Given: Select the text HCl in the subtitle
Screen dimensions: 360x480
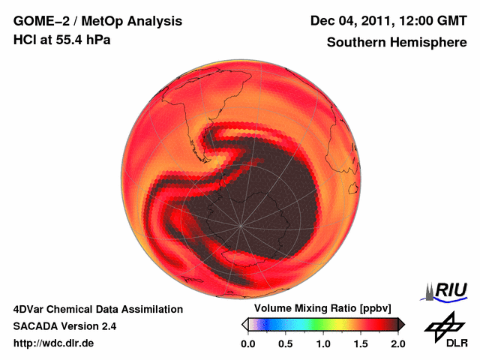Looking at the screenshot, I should (x=25, y=40).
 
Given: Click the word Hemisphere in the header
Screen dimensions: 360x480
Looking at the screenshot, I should (x=428, y=43).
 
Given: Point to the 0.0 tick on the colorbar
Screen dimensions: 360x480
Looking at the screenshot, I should (x=248, y=343).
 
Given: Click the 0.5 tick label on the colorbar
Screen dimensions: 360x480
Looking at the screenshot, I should (x=286, y=343).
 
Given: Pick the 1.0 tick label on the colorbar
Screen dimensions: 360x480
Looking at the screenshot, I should (x=323, y=343).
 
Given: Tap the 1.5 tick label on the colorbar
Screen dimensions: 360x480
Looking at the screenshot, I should (x=361, y=343).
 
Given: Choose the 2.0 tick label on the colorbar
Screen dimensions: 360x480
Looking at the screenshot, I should (x=397, y=343).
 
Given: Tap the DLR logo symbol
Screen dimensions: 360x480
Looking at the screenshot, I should (x=445, y=325).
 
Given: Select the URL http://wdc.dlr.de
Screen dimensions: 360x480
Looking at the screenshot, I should (x=54, y=343).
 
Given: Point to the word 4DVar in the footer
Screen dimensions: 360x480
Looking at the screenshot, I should (x=28, y=309).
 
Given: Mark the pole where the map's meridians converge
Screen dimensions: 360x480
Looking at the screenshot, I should (x=241, y=225).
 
